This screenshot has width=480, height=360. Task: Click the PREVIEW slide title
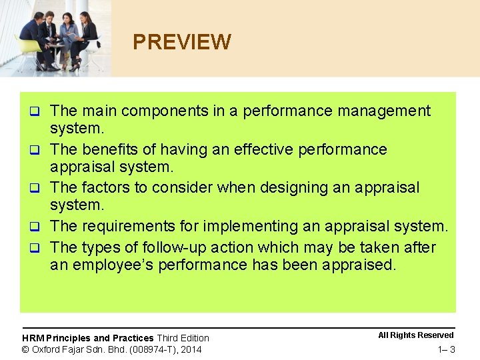181,43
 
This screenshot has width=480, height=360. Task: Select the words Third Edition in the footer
183,338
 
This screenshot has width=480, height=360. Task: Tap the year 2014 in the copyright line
191,349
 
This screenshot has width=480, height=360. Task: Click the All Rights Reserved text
415,335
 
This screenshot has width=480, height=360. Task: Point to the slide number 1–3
446,350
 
